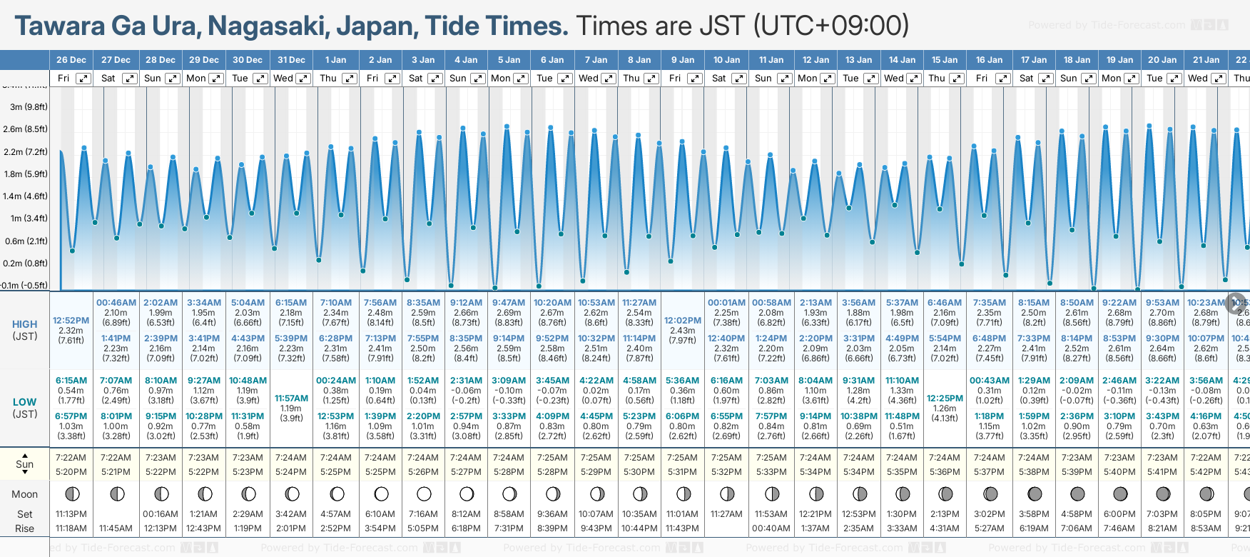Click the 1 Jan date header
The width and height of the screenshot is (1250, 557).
tap(335, 60)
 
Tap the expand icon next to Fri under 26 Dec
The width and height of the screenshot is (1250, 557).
tap(83, 79)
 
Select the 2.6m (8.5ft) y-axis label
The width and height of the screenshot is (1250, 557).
tap(25, 129)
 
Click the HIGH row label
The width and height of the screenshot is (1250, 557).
tap(25, 324)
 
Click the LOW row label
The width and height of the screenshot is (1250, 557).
tap(24, 402)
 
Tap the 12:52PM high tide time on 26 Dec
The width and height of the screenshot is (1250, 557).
tap(71, 321)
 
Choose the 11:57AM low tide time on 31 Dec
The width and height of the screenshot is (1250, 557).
tap(291, 398)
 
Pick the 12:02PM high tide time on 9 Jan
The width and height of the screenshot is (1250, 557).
tap(683, 321)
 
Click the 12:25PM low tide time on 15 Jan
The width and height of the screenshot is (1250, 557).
tap(945, 398)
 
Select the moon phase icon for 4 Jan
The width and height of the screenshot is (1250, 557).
tap(467, 493)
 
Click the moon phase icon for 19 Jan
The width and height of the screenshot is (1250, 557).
tap(1120, 493)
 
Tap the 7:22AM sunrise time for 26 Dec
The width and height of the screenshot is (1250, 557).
tap(71, 458)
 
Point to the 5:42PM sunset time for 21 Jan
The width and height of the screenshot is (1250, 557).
tap(1206, 472)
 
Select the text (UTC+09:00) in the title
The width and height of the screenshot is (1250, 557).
tap(831, 26)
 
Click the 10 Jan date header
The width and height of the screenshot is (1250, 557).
tap(727, 60)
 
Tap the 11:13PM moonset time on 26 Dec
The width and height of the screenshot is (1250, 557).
tap(71, 514)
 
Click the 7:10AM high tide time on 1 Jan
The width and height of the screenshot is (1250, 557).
tap(335, 303)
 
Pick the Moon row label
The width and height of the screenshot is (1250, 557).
tap(25, 494)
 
